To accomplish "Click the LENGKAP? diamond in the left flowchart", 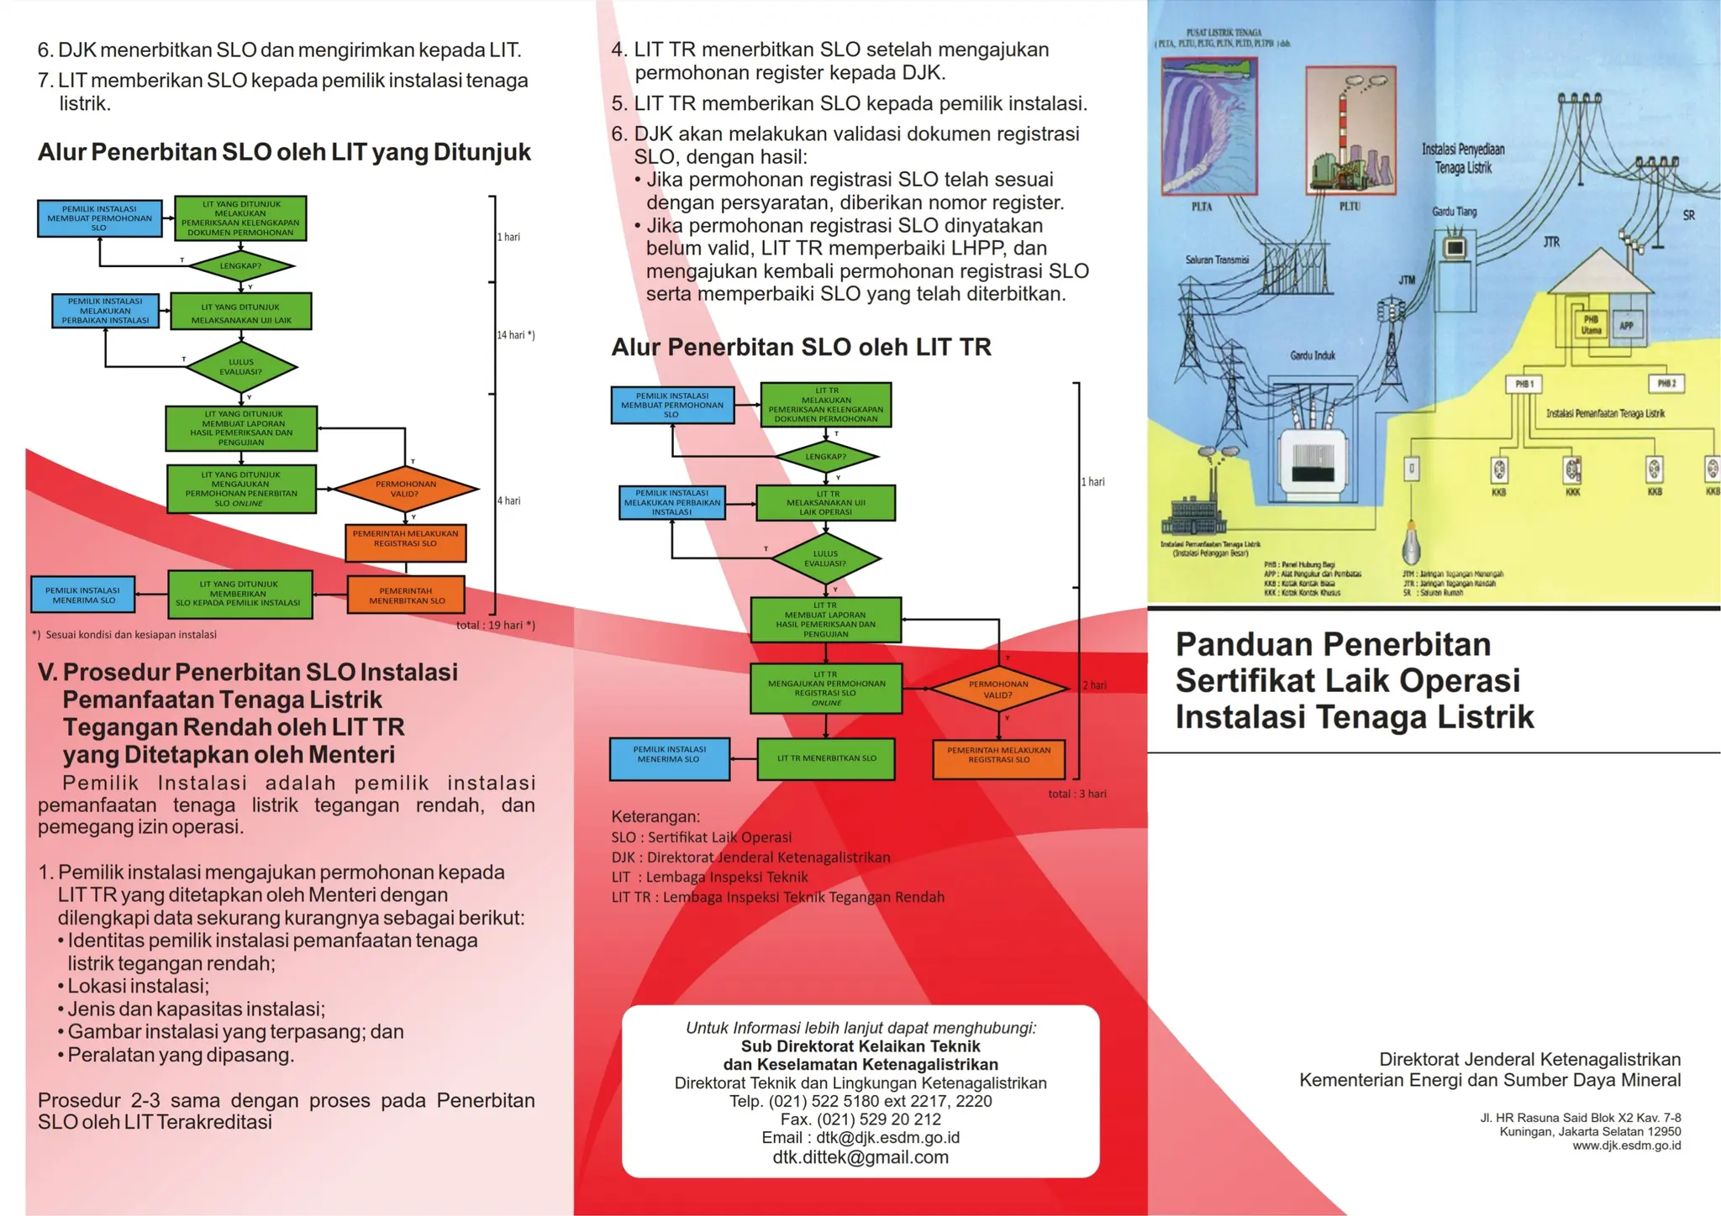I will (x=240, y=266).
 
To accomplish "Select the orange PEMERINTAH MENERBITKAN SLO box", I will (x=406, y=595).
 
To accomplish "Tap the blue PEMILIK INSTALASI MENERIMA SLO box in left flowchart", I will (x=83, y=595).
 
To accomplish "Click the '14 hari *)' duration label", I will (x=515, y=335).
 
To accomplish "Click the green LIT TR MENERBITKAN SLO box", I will (x=825, y=758).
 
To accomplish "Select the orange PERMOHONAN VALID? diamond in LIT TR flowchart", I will (x=997, y=689).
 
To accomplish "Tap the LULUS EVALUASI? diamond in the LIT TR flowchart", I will (x=825, y=558).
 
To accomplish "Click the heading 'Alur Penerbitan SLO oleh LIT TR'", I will (x=801, y=348).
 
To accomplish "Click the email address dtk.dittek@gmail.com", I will (x=860, y=1157).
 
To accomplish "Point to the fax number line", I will (x=860, y=1119).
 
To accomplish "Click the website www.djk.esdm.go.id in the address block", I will (x=1626, y=1145).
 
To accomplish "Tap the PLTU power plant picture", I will (x=1350, y=130).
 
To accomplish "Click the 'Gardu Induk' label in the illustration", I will (x=1313, y=356).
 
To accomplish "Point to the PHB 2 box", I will (x=1666, y=384).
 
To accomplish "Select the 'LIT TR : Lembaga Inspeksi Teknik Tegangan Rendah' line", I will (x=777, y=897).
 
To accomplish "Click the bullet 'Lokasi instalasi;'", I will (x=138, y=986).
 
